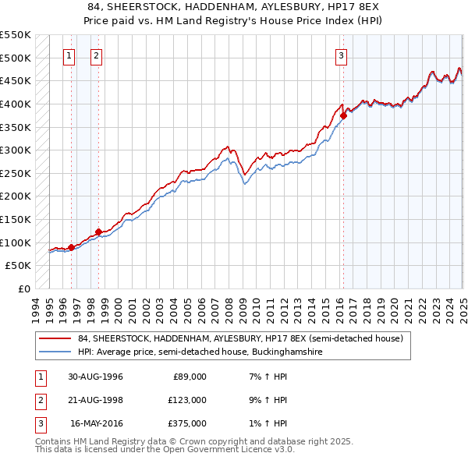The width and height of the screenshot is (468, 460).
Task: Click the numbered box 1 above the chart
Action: point(69,55)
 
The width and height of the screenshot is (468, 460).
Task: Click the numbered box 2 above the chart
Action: point(96,55)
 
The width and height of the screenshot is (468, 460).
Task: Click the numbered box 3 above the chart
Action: point(342,55)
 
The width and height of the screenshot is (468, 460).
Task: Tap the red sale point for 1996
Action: point(71,247)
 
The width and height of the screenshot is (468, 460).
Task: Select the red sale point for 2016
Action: point(343,115)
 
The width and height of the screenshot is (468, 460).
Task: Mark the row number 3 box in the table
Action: point(38,423)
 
